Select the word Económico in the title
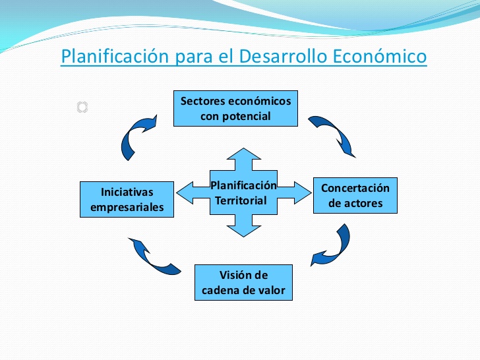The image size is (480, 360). [380, 56]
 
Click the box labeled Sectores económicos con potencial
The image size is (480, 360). [235, 108]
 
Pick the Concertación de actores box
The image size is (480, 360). [355, 195]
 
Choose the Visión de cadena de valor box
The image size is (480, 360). [243, 283]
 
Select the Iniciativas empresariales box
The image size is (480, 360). [127, 199]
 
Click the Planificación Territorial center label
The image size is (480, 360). [243, 193]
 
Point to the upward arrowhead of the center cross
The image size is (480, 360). [244, 154]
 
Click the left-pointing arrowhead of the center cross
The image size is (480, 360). [185, 193]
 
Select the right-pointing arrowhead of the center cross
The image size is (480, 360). [303, 193]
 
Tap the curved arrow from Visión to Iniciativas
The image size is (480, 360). [150, 258]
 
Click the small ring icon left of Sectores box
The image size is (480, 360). [82, 107]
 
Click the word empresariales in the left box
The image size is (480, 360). [127, 207]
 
